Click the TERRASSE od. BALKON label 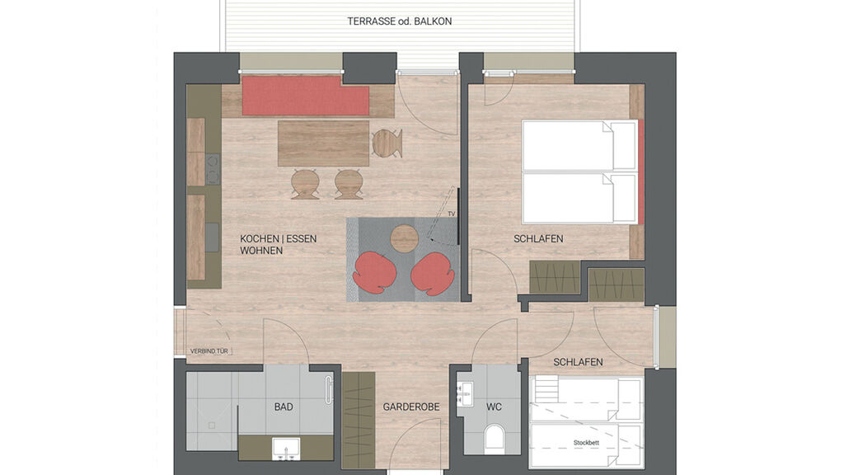click(x=400, y=21)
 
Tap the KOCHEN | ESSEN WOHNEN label click(x=279, y=244)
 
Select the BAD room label click(x=284, y=407)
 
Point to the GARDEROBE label click(x=411, y=407)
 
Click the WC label click(x=495, y=407)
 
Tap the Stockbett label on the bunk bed click(x=586, y=443)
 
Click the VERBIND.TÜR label click(x=209, y=351)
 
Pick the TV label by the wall click(x=452, y=214)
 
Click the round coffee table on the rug click(x=404, y=238)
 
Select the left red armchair click(x=374, y=273)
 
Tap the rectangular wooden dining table click(x=323, y=143)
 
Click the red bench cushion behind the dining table click(x=305, y=96)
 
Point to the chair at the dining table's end click(x=387, y=143)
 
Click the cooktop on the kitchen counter click(x=213, y=169)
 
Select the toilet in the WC click(x=495, y=437)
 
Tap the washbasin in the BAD click(x=286, y=449)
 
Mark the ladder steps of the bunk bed click(x=544, y=390)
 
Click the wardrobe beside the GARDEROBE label click(x=359, y=420)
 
